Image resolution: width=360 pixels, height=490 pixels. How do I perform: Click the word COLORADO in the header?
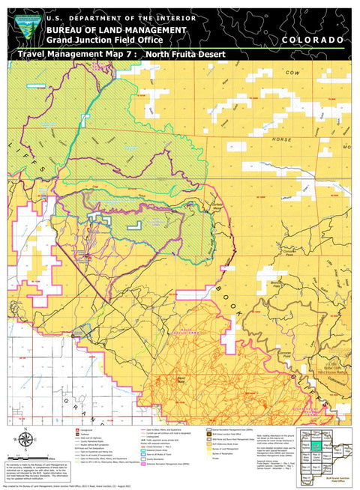click(313, 39)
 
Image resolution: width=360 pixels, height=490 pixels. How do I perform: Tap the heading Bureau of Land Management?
click(115, 28)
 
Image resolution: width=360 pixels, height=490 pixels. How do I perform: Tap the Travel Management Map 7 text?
click(75, 55)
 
